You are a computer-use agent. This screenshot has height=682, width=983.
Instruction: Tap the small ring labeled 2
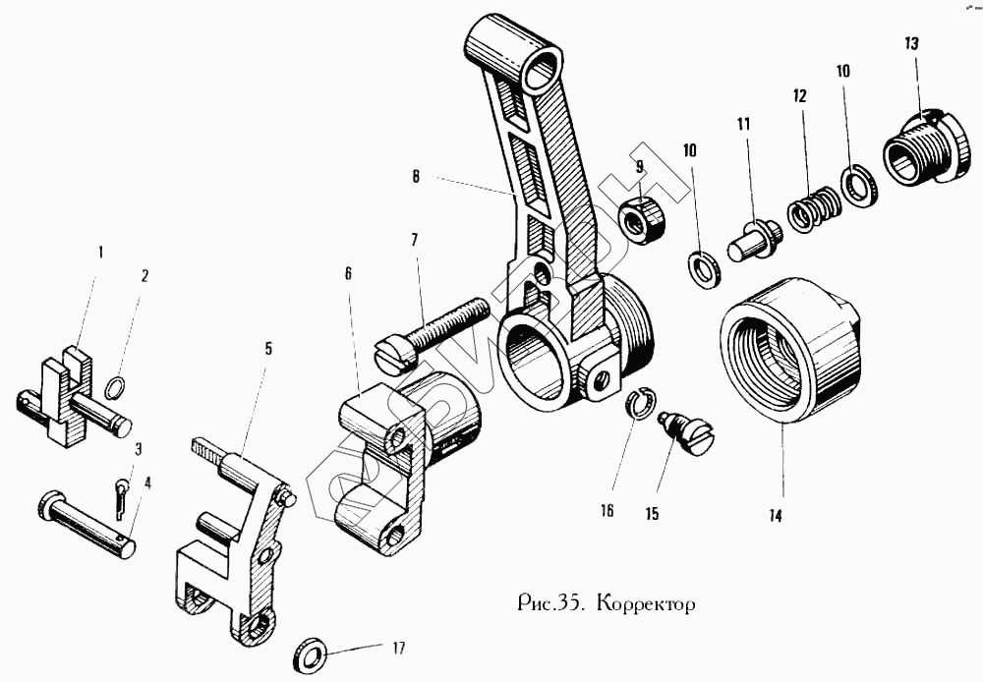(x=114, y=388)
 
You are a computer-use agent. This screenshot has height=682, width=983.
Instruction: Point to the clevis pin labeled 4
(x=88, y=523)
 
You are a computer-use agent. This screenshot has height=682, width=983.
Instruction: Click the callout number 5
(x=268, y=348)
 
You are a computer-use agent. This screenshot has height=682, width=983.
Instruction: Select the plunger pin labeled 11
(x=754, y=236)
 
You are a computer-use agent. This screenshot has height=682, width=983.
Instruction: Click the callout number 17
(x=398, y=649)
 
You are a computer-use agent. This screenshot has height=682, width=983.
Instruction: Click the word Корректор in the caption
(x=646, y=602)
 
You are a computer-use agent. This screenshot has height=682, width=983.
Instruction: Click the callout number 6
(x=348, y=276)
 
